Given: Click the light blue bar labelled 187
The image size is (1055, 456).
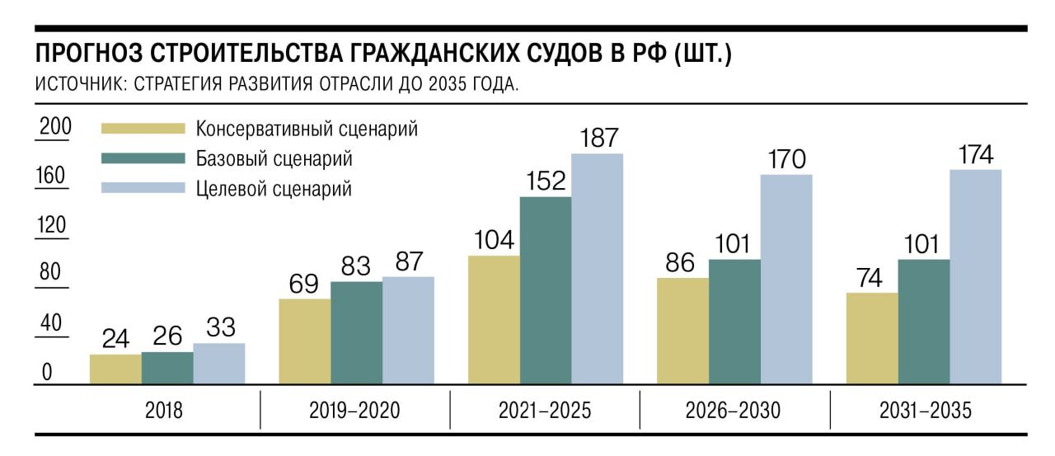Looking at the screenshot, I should pos(597,269).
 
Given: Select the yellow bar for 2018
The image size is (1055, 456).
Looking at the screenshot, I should pos(115,369).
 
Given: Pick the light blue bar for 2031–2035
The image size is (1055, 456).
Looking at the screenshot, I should pos(975,277).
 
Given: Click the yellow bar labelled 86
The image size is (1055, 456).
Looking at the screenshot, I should pos(682,331).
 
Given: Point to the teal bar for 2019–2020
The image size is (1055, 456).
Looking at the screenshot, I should pos(356,333).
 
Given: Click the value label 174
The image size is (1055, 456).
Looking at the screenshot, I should pos(975,154).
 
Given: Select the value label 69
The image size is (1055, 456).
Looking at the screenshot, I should pos(305,283).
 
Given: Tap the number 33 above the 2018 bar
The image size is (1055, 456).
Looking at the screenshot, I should pos(218,328).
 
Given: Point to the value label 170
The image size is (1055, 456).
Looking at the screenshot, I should pos(786,159).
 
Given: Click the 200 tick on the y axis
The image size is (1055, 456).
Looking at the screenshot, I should pos(57,128).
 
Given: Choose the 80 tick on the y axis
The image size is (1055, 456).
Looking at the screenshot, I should pos(51,272).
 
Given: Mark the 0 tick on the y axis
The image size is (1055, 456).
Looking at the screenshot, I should pos(47,373).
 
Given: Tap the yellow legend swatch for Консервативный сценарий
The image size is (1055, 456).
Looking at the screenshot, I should pos(143,129).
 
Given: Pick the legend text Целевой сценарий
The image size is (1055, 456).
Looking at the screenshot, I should pos(274,189).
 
